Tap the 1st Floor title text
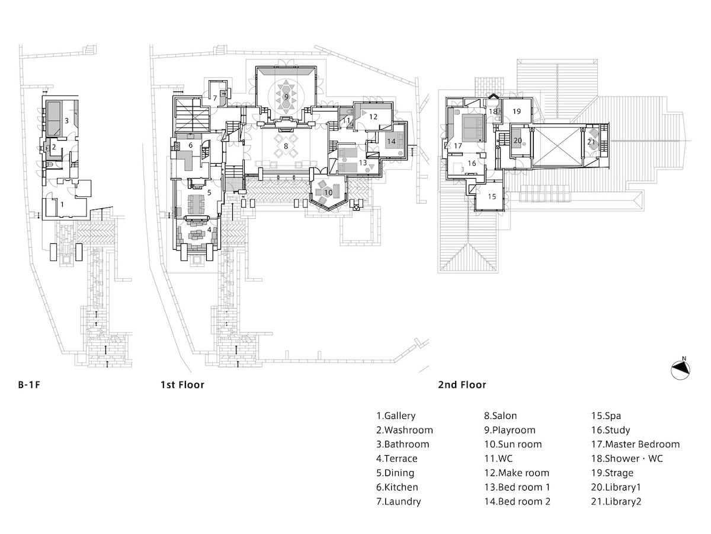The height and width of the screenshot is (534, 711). (182, 385)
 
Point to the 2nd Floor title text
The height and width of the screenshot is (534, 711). (462, 385)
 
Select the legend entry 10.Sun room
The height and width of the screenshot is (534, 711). (513, 444)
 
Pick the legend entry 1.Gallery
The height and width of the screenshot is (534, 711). (396, 416)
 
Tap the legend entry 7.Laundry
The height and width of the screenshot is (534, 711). (398, 501)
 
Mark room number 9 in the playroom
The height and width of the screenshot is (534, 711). (286, 96)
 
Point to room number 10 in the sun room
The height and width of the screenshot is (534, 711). (328, 192)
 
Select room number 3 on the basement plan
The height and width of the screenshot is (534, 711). (67, 120)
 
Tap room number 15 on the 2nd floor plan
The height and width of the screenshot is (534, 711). (491, 196)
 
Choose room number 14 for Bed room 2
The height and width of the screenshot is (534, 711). (391, 141)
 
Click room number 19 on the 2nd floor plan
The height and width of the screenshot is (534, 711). (516, 111)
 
